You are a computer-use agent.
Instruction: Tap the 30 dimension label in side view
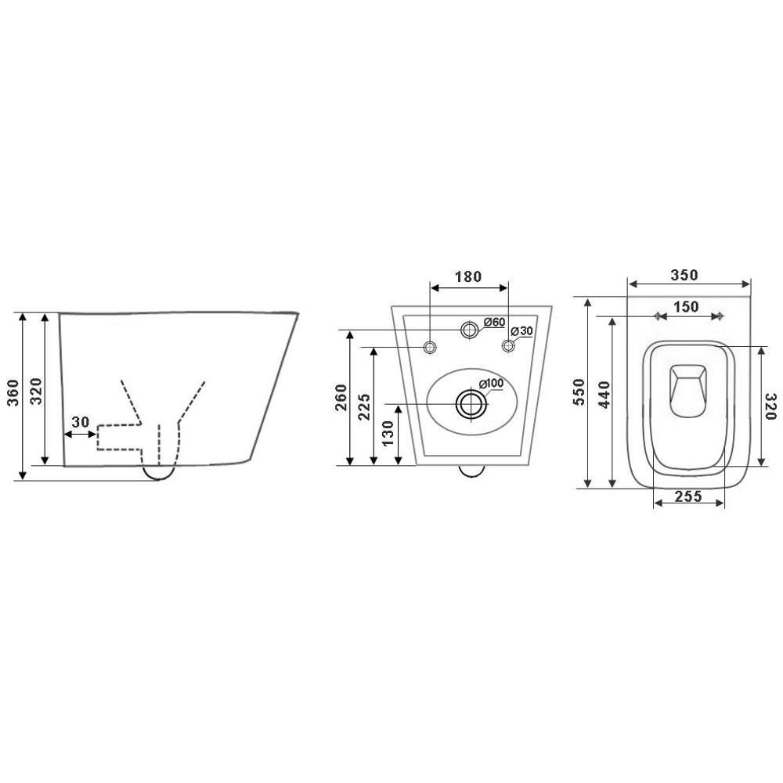pyautogui.click(x=81, y=421)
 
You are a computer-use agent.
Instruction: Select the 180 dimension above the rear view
pyautogui.click(x=468, y=276)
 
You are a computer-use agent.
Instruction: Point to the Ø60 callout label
pyautogui.click(x=494, y=322)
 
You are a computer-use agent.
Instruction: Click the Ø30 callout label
pyautogui.click(x=521, y=331)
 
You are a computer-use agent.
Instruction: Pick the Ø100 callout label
pyautogui.click(x=491, y=383)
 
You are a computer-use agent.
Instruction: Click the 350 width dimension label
pyautogui.click(x=684, y=275)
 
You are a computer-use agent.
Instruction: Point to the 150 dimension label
pyautogui.click(x=687, y=306)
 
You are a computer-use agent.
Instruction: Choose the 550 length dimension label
pyautogui.click(x=580, y=391)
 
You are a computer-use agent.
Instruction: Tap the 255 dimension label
pyautogui.click(x=687, y=496)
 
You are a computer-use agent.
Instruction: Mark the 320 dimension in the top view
pyautogui.click(x=770, y=406)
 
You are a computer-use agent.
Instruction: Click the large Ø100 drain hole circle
pyautogui.click(x=470, y=404)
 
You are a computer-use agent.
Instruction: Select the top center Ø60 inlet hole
pyautogui.click(x=469, y=330)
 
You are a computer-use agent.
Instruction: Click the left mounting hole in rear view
pyautogui.click(x=430, y=346)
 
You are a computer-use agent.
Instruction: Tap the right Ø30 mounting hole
pyautogui.click(x=508, y=346)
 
